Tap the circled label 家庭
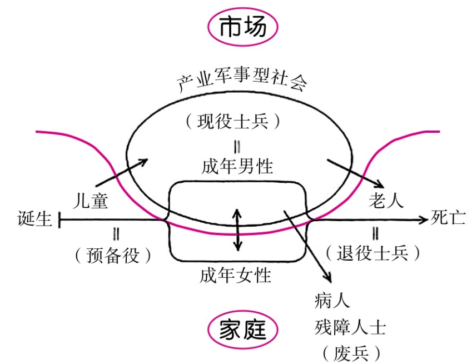[242, 331]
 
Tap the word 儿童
[90, 201]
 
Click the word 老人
[385, 201]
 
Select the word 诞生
[35, 220]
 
